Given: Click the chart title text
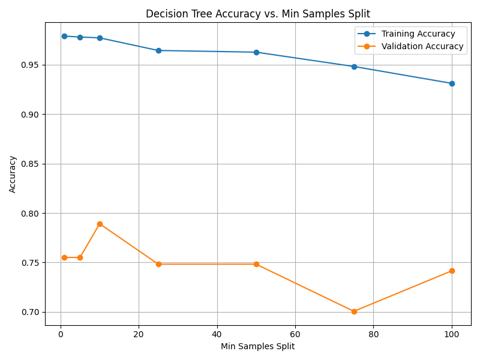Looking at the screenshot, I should [x=258, y=14].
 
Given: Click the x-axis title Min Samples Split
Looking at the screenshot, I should [x=257, y=346].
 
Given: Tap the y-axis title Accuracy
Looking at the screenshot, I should [x=13, y=174].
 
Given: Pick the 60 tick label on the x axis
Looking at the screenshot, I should [x=295, y=334].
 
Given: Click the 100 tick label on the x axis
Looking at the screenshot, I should [x=451, y=334].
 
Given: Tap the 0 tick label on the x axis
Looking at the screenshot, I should [x=61, y=334].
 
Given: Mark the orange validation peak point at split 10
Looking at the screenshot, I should [x=100, y=224].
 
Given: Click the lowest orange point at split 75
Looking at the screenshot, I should [x=354, y=311].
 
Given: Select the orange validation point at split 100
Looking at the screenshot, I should [x=452, y=271].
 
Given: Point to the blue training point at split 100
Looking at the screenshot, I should [x=452, y=83].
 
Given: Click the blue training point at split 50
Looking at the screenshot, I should [x=256, y=52].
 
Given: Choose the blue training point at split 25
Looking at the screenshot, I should [x=158, y=50].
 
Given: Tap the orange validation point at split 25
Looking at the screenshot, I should [x=158, y=264].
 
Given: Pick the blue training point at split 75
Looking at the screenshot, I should [x=354, y=67].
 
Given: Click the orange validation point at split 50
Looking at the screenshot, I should [x=256, y=264].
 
